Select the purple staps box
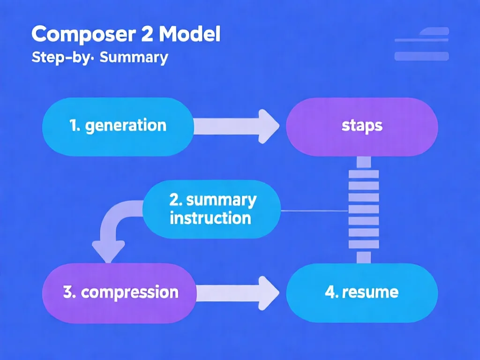point(362,126)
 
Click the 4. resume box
point(362,292)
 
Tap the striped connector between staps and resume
point(364,209)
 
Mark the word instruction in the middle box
point(210,218)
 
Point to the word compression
point(129,292)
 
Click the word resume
point(370,292)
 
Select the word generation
point(126,126)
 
